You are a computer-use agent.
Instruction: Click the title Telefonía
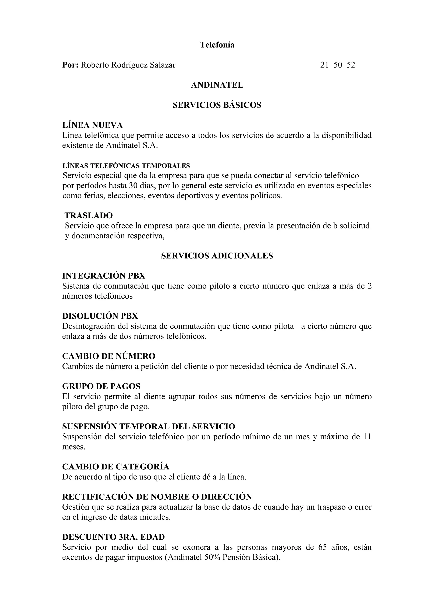click(217, 45)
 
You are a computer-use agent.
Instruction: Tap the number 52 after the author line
click(351, 65)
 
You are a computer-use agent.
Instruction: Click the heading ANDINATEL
click(217, 85)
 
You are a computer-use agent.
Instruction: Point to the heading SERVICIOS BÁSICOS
click(217, 105)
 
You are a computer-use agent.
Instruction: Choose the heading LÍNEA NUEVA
click(93, 125)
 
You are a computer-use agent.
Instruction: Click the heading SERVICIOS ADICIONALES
click(217, 256)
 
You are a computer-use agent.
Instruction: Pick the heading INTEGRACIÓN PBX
click(104, 276)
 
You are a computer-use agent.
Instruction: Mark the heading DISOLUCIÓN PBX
click(100, 316)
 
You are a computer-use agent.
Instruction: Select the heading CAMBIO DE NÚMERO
click(108, 356)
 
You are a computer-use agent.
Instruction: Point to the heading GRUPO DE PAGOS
click(101, 386)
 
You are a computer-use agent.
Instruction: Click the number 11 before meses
click(367, 437)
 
